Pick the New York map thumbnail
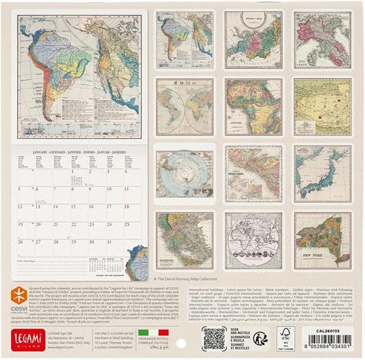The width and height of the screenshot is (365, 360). click(x=321, y=240)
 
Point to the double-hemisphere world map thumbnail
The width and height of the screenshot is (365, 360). click(x=184, y=106)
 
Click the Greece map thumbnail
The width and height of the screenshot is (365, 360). click(x=184, y=240)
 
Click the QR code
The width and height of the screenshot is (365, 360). click(x=214, y=338)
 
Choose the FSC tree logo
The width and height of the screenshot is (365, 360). click(x=285, y=337)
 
